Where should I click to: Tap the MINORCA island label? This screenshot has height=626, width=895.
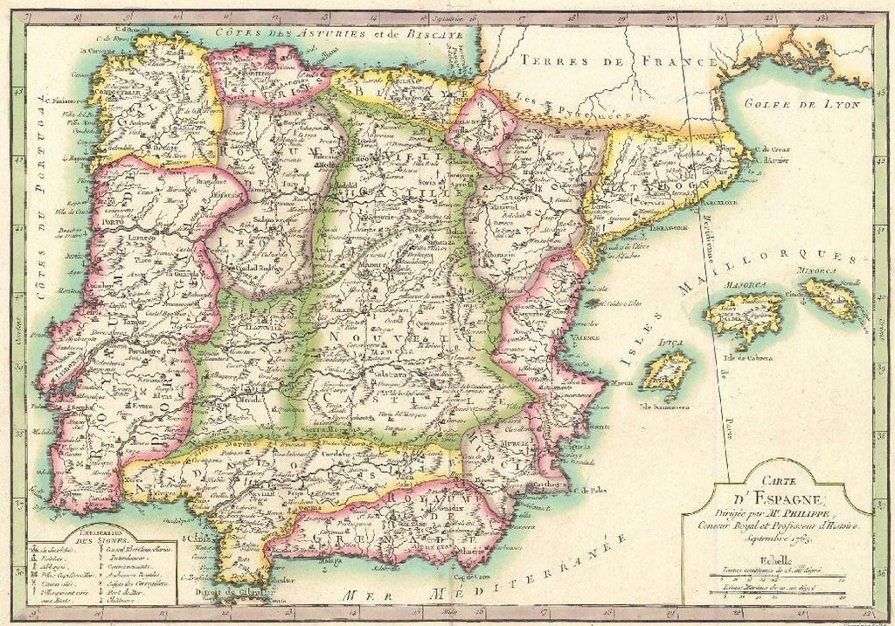819,272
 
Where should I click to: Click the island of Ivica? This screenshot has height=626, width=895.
666,372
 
